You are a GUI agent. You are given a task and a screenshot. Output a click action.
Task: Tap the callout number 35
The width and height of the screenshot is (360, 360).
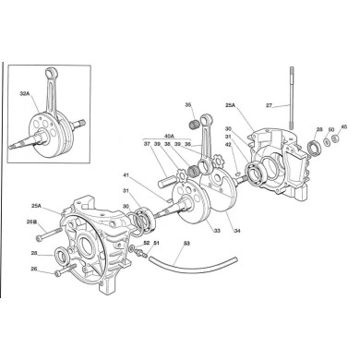[x=188, y=105]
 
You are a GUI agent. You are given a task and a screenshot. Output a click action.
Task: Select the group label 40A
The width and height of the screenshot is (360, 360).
[x=168, y=135]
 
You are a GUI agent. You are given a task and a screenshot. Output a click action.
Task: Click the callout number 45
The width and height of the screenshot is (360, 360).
[x=343, y=127]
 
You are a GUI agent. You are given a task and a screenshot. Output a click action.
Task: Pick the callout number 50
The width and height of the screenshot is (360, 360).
[x=331, y=130]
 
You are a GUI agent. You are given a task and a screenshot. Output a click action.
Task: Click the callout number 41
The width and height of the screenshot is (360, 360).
[x=126, y=175]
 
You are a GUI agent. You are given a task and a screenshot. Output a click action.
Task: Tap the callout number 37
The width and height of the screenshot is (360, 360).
[x=146, y=144]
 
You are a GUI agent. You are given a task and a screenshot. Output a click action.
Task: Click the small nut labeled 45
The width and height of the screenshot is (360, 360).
[x=335, y=141]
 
